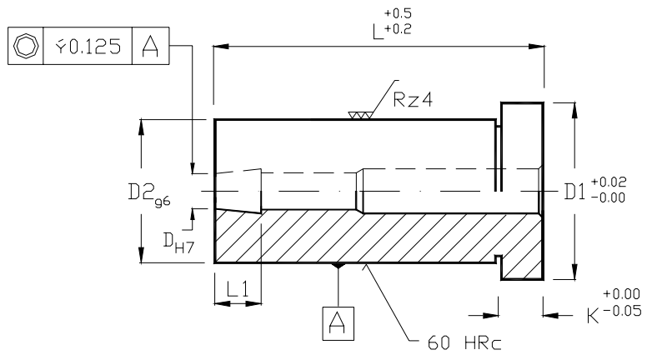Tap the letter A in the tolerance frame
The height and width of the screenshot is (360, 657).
click(152, 46)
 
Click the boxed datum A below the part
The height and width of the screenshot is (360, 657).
click(337, 323)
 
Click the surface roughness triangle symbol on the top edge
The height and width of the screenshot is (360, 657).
click(360, 116)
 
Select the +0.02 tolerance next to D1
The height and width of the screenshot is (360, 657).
click(607, 182)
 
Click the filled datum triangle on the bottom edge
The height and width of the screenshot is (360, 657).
click(337, 267)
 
